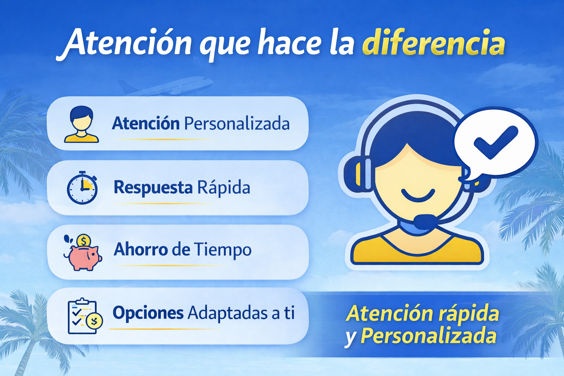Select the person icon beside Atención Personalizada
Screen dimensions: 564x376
[81, 124]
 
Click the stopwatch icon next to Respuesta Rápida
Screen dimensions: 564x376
[82, 188]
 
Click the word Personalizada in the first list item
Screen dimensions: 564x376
[237, 124]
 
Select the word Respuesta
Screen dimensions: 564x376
[153, 188]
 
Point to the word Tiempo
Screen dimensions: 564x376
[223, 250]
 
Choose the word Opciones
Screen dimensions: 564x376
[148, 313]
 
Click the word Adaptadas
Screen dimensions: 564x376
[228, 313]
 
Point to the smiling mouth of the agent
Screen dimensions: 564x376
[418, 195]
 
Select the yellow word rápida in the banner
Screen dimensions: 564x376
[469, 314]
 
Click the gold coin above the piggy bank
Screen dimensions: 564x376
[84, 240]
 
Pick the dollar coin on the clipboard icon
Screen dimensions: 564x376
[94, 321]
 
